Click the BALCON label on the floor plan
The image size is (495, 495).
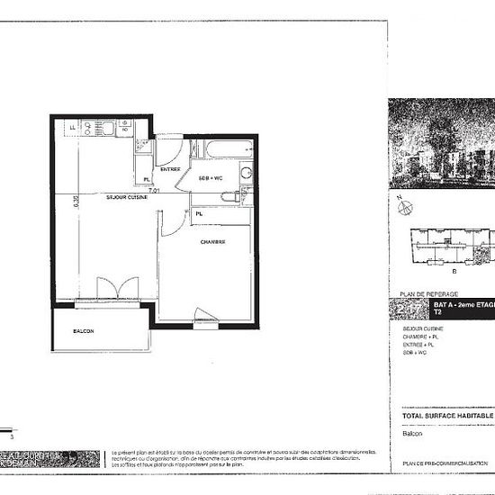click(84, 330)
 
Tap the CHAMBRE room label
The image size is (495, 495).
click(211, 242)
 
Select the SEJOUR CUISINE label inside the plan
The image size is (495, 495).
click(126, 196)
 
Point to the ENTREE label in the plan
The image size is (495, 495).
click(169, 169)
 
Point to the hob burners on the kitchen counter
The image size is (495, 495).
click(122, 130)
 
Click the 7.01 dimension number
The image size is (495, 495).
click(154, 191)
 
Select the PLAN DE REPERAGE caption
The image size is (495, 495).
click(422, 294)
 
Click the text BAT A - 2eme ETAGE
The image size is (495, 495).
click(462, 307)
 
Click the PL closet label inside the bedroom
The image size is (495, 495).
click(197, 214)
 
